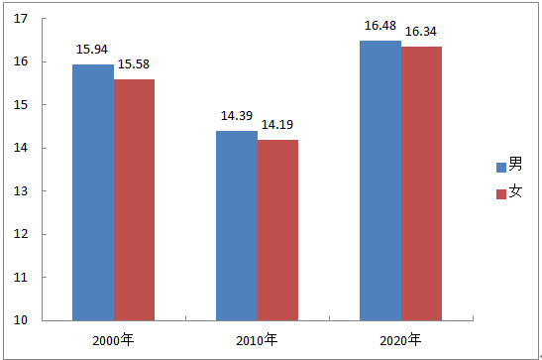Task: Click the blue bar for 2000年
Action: (x=93, y=192)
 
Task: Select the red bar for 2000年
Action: (x=134, y=200)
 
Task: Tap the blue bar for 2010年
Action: (x=237, y=225)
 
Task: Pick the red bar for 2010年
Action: (x=277, y=230)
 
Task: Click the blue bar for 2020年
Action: (x=380, y=180)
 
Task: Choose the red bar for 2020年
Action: (x=421, y=183)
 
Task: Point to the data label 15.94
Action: (x=92, y=50)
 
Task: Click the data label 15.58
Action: (x=134, y=64)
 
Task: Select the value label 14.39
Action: (x=237, y=116)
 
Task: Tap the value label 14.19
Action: (x=277, y=125)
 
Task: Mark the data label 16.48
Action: (x=380, y=26)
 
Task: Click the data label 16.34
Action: (x=421, y=32)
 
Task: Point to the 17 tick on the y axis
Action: (x=21, y=19)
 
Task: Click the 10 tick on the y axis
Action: (x=21, y=320)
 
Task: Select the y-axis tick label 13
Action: (x=21, y=190)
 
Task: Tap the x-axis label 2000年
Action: (x=113, y=340)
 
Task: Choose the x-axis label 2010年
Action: (x=257, y=340)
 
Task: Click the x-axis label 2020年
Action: (x=400, y=340)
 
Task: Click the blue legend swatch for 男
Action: (x=501, y=168)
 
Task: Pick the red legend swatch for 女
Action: (x=501, y=194)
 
